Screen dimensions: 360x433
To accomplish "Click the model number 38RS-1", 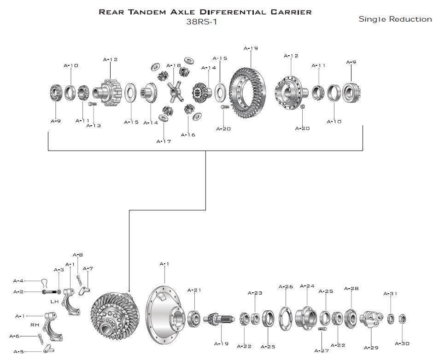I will pyautogui.click(x=201, y=21).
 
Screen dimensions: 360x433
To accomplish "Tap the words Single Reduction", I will pyautogui.click(x=395, y=19).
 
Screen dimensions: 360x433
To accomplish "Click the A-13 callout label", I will pyautogui.click(x=94, y=126).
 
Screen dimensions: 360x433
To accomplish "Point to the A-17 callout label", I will pyautogui.click(x=164, y=141).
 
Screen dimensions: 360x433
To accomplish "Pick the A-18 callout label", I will pyautogui.click(x=174, y=65).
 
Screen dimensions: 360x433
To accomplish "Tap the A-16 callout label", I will pyautogui.click(x=188, y=135).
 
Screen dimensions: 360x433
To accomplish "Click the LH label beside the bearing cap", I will pyautogui.click(x=55, y=302).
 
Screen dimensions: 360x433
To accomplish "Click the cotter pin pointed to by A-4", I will pyautogui.click(x=44, y=281).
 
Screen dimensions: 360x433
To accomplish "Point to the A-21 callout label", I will pyautogui.click(x=194, y=290).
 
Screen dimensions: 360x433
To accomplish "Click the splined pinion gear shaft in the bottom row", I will pyautogui.click(x=218, y=319).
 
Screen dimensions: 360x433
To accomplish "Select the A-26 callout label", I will pyautogui.click(x=286, y=287).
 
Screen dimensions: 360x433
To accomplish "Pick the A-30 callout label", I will pyautogui.click(x=402, y=343).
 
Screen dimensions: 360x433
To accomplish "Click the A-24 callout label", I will pyautogui.click(x=307, y=286).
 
